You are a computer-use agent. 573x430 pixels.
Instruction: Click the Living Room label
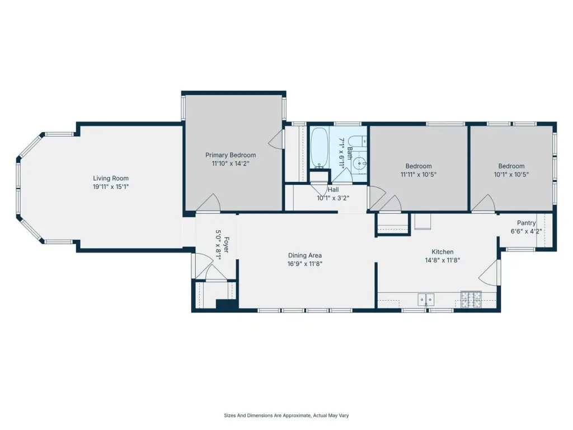pos(111,179)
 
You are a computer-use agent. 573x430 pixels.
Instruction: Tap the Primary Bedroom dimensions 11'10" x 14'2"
pos(231,163)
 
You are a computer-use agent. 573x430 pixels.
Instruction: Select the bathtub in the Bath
pos(320,148)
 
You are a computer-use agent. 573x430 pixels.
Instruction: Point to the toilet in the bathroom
pos(357,141)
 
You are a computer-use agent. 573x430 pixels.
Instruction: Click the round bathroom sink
pos(360,163)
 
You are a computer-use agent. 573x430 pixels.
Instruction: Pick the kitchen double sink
pos(426,300)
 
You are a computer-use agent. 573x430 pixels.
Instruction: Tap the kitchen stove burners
pos(471,299)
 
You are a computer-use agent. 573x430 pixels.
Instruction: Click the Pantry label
pos(526,223)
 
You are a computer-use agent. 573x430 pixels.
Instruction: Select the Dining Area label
pos(305,255)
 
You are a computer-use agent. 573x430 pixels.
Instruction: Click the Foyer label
pos(226,245)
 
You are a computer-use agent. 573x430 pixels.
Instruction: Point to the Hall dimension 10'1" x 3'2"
pos(333,198)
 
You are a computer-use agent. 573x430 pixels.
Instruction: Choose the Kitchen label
pos(443,251)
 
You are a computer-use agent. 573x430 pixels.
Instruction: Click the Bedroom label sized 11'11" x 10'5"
pos(419,166)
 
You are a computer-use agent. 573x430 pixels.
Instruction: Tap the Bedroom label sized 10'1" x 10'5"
pos(511,166)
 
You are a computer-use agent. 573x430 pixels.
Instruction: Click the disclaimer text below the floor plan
pos(286,415)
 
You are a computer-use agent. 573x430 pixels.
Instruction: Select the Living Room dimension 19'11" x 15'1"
pos(111,187)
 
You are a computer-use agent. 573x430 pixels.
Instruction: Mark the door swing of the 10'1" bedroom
pos(483,203)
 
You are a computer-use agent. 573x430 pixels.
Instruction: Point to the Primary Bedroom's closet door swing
pos(276,139)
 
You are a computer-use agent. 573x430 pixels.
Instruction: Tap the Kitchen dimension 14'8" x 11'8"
pos(443,260)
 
